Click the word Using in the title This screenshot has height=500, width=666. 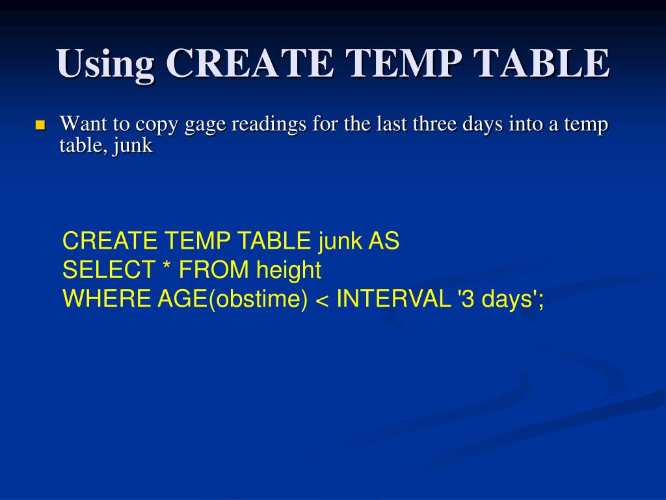coord(106,64)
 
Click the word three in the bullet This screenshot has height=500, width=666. coord(435,124)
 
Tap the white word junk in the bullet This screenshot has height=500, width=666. coord(133,146)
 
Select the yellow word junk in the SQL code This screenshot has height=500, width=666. coord(340,242)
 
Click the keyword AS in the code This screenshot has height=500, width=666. coord(384,242)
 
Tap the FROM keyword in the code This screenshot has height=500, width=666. coord(214,270)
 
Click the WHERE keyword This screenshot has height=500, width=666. coord(107,299)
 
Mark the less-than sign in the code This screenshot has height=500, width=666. coord(321,299)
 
